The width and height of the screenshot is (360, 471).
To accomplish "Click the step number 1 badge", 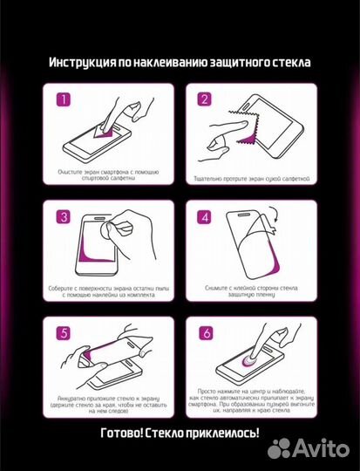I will pyautogui.click(x=63, y=99).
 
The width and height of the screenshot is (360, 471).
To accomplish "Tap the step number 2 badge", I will pyautogui.click(x=204, y=99).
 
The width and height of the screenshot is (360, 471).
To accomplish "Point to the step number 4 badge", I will pyautogui.click(x=204, y=216).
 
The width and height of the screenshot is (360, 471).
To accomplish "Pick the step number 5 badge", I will pyautogui.click(x=63, y=332).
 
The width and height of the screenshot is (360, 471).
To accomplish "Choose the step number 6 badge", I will pyautogui.click(x=204, y=332).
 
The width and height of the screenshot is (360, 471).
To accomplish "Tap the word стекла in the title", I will pyautogui.click(x=290, y=63).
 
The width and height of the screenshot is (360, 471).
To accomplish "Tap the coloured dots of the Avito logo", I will pyautogui.click(x=279, y=448).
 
